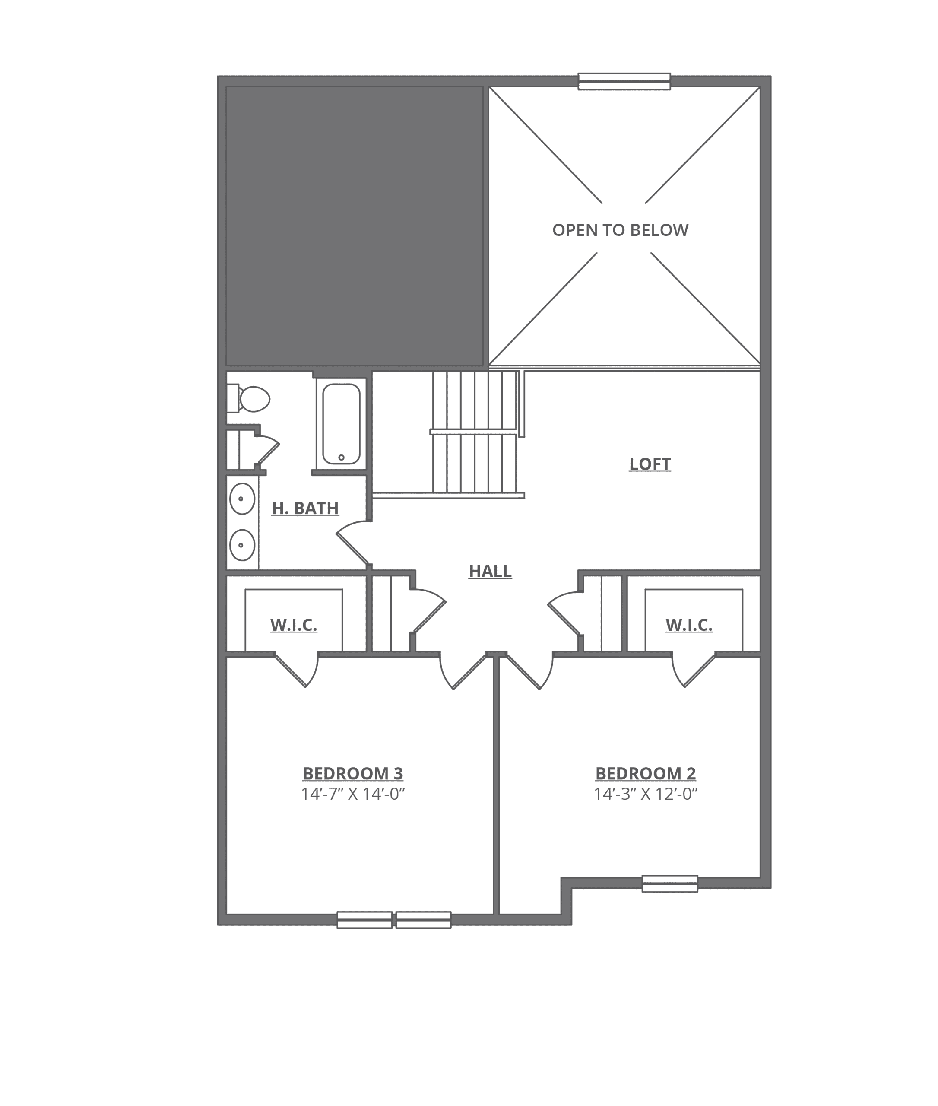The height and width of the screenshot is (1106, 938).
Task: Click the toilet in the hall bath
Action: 249,398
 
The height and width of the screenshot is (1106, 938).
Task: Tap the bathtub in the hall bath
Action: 341,424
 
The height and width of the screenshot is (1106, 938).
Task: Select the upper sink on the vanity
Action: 242,499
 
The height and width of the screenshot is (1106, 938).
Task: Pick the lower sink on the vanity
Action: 242,545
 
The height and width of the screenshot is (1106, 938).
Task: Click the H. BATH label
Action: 305,508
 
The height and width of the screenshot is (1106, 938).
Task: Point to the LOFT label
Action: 650,464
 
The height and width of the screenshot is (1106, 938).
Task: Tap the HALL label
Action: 490,571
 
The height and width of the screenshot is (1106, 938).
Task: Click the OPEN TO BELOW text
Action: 621,230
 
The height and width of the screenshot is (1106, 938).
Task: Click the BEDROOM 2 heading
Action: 646,773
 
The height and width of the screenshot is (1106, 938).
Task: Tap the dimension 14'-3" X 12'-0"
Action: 646,794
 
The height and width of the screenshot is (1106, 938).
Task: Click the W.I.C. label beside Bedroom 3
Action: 294,625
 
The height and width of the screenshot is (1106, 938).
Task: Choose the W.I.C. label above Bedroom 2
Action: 689,625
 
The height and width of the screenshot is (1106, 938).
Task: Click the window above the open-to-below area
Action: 624,81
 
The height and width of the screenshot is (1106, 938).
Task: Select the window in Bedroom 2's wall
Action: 670,884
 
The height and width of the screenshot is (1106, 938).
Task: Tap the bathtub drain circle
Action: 341,458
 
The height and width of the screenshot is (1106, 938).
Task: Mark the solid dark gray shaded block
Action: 355,226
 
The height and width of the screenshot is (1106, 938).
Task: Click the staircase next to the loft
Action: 474,432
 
